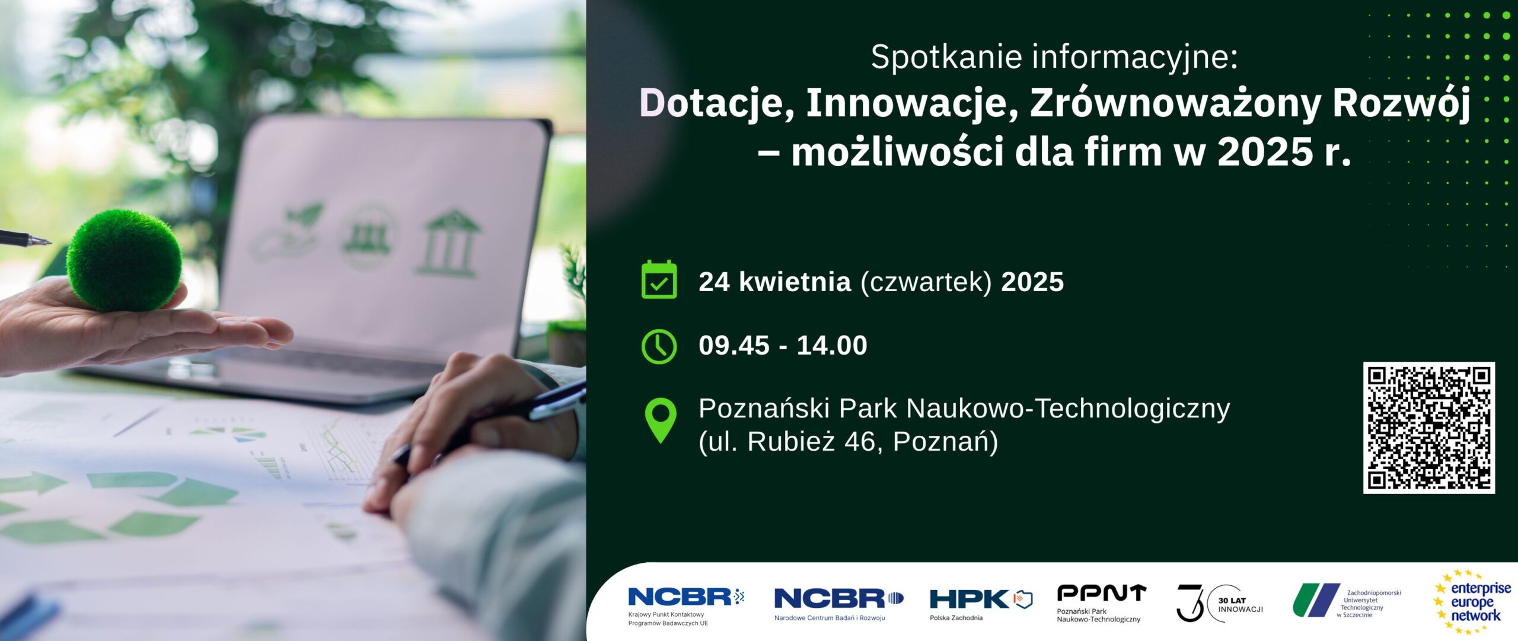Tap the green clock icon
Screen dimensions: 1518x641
(x=659, y=346)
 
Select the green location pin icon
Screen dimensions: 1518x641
(x=660, y=420)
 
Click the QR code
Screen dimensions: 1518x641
(x=1428, y=428)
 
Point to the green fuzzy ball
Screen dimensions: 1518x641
(x=124, y=260)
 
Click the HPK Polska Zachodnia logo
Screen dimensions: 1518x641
(x=981, y=604)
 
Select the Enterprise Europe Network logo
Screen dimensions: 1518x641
(x=1473, y=602)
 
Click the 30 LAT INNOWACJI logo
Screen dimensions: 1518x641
(x=1220, y=603)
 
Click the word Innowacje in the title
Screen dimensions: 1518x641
(x=908, y=103)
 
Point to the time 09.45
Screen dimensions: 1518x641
(x=734, y=345)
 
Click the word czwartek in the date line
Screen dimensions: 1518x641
(x=926, y=282)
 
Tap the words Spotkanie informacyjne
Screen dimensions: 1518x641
(x=1054, y=58)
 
